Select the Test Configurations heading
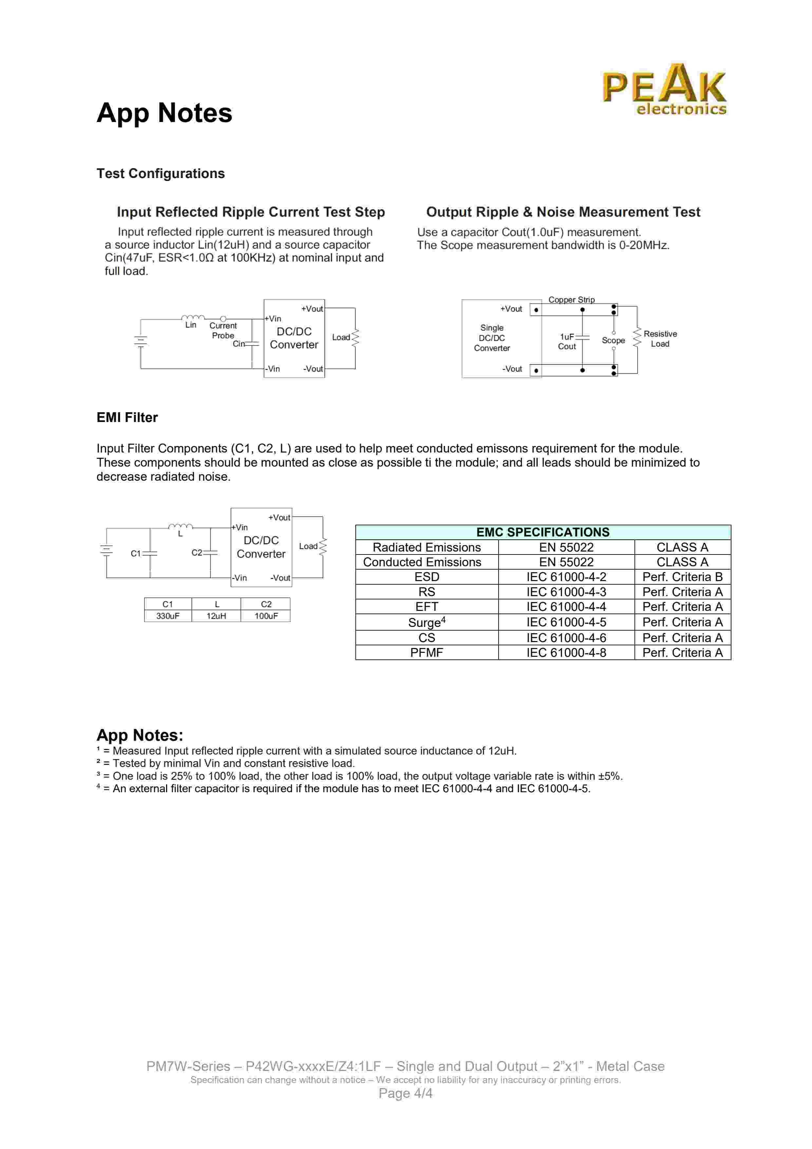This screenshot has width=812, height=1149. click(x=161, y=174)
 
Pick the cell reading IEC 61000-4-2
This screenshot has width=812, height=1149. click(x=566, y=577)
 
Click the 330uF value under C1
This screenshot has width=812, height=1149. click(x=167, y=616)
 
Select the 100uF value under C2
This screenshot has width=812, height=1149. click(x=266, y=616)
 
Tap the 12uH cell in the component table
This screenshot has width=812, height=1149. click(x=217, y=616)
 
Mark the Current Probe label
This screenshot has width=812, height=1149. click(x=223, y=330)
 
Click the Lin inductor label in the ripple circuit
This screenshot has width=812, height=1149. click(x=191, y=325)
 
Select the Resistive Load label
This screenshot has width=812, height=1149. click(x=660, y=339)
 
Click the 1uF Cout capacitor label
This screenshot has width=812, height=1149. click(x=567, y=342)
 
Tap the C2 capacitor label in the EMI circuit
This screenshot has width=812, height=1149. click(x=197, y=553)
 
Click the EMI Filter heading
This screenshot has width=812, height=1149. click(x=127, y=417)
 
